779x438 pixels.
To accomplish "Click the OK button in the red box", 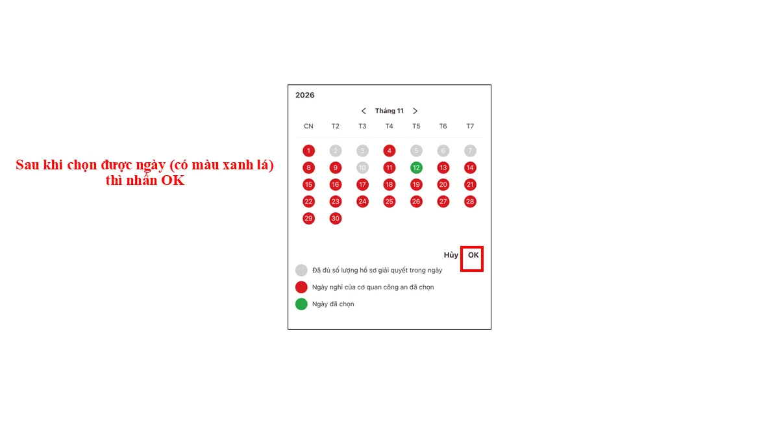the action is coord(473,256).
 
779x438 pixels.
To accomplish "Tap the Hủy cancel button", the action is coord(451,256).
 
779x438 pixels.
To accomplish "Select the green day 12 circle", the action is coord(416,168).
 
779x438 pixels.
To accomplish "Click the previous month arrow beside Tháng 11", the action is coord(364,111).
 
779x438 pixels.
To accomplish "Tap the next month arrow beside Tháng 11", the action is coord(415,111).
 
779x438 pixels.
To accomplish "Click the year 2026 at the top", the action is coord(304,95).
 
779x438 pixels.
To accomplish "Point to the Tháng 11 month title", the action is coord(389,111).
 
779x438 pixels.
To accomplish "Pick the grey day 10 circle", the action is coord(362,168).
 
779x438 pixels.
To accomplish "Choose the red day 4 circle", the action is coord(389,151).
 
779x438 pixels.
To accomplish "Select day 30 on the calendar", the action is coord(335,219).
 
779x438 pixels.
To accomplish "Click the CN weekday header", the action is coord(308,126).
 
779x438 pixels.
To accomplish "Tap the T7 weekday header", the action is coord(470,126).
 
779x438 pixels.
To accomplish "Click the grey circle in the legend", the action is coord(301,270).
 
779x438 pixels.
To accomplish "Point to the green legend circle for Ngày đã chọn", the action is coord(301,304).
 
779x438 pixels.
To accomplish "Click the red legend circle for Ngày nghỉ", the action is coord(301,287).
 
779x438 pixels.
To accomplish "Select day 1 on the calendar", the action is coord(308,151).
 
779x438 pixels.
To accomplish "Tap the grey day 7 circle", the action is coord(470,151).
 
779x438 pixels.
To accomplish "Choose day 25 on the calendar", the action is coord(389,202).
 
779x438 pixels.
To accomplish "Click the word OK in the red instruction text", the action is coord(173,180).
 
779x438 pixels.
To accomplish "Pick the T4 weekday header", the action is coord(389,126).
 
